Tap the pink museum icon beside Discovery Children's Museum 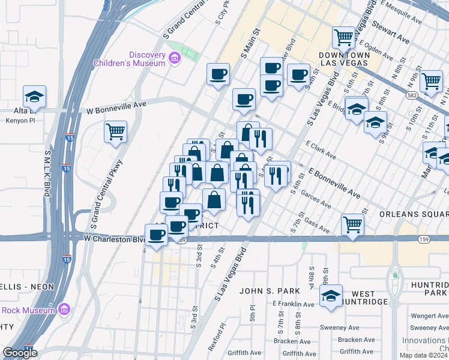pos(175,58)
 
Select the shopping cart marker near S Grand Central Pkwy pos(115,131)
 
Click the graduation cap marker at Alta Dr pos(35,96)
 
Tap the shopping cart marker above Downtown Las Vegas pos(344,37)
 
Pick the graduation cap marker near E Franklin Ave pos(331,296)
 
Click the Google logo pos(20,353)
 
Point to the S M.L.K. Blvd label pos(46,174)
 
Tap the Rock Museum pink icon pos(64,310)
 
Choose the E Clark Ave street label pos(321,151)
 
